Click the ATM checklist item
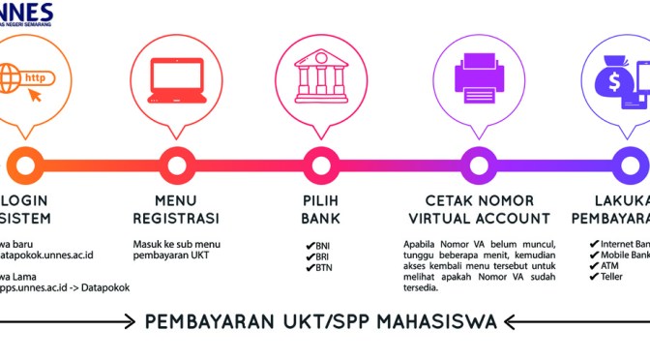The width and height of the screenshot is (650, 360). pos(608,266)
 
